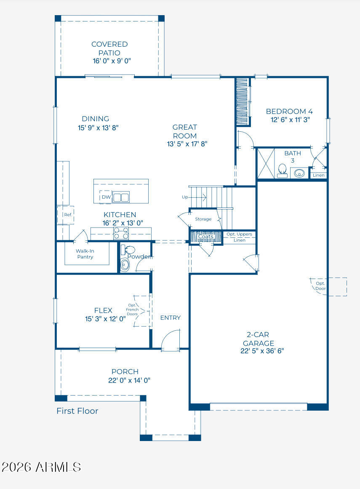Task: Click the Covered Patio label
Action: click(109, 48)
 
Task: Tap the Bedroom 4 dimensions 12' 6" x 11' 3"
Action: click(290, 120)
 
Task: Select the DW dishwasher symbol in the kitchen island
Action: click(106, 197)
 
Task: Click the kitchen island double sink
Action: click(121, 197)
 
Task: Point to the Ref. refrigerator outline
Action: click(66, 215)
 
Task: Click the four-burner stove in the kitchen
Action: click(121, 233)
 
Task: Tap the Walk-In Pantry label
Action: click(85, 254)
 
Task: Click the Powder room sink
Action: click(125, 265)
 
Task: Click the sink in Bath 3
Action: click(299, 173)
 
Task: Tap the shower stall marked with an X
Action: click(266, 163)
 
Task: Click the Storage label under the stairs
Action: click(203, 219)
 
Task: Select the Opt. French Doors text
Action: click(132, 310)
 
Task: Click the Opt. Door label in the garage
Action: click(320, 286)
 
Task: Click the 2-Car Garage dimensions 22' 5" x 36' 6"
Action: click(262, 351)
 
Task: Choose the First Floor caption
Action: click(77, 411)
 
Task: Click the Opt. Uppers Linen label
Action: click(239, 237)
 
